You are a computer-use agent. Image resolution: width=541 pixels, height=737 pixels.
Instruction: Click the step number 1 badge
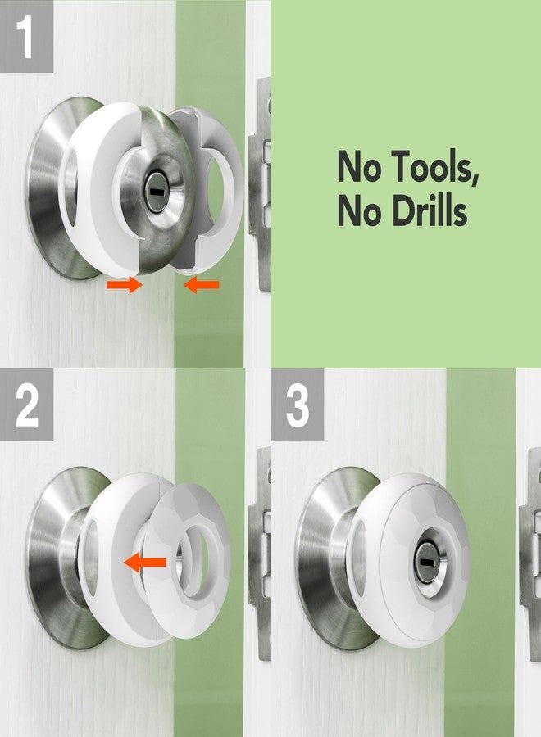(27, 36)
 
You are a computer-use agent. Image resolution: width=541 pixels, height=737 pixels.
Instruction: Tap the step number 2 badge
(27, 407)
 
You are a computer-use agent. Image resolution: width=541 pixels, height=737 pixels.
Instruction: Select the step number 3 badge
(297, 407)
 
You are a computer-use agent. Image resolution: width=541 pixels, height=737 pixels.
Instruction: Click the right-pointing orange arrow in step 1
(124, 286)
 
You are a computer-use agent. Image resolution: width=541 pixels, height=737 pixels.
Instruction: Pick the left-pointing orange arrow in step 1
(202, 285)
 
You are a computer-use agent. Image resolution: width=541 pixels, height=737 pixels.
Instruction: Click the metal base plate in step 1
(49, 188)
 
